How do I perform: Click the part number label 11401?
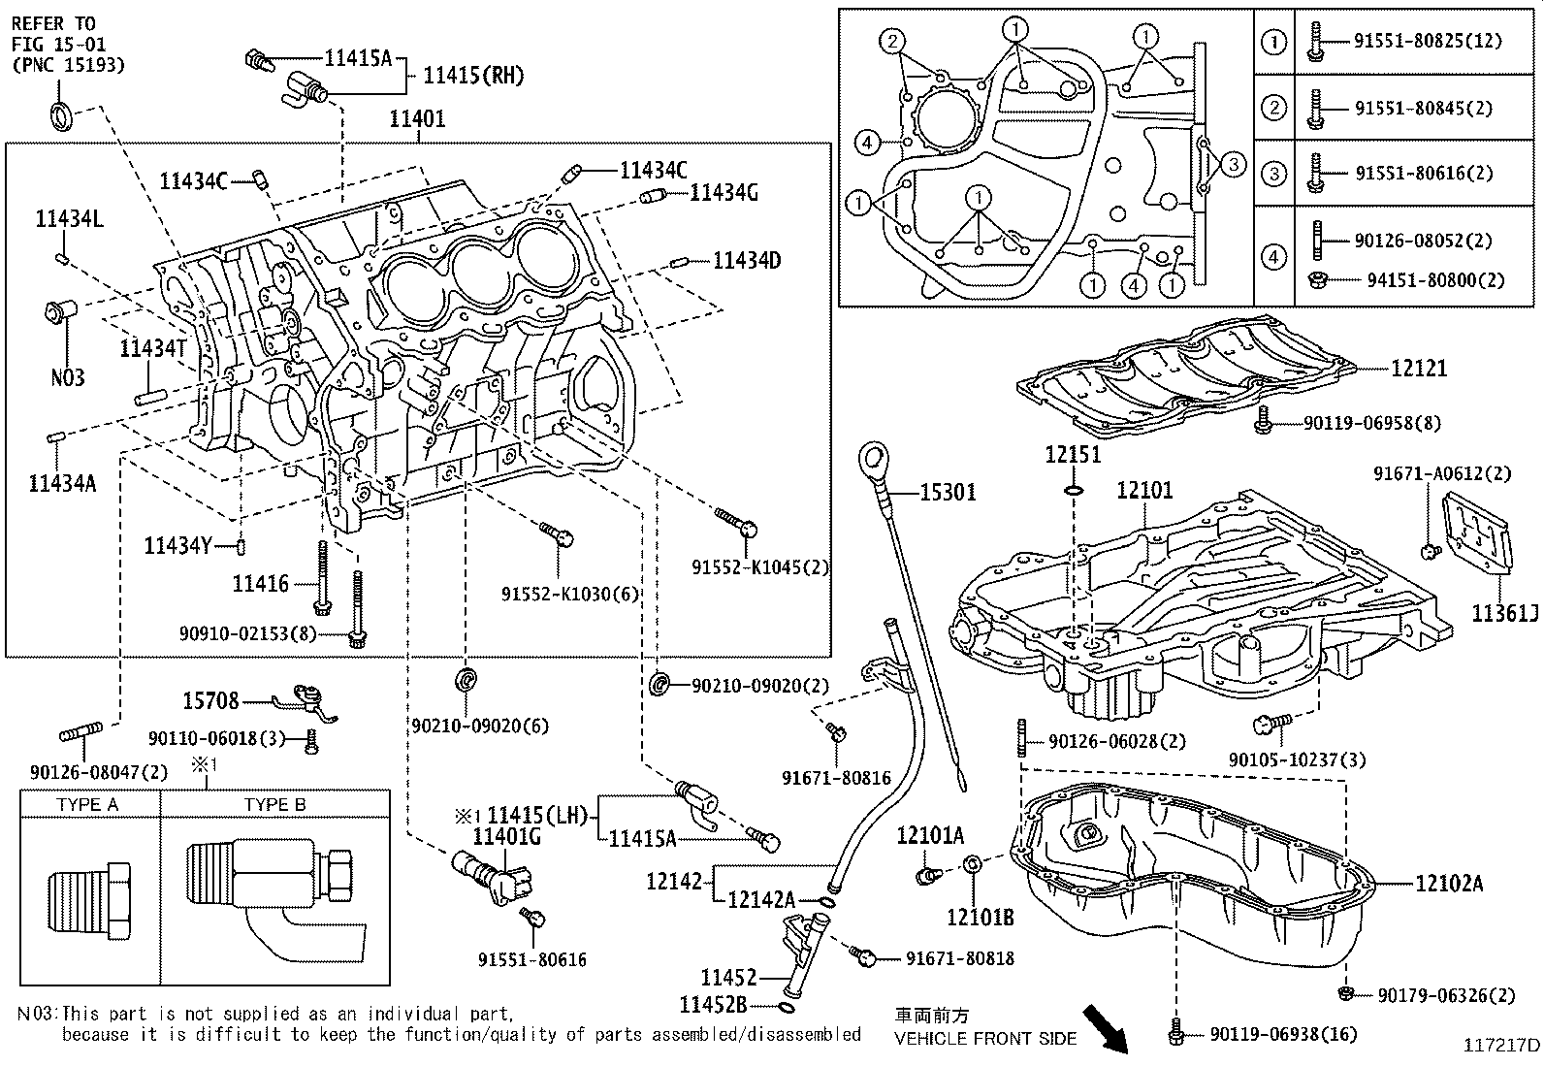pyautogui.click(x=417, y=119)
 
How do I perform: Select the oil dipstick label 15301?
pyautogui.click(x=948, y=493)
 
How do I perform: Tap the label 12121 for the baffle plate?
pyautogui.click(x=1418, y=369)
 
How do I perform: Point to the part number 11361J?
pyautogui.click(x=1504, y=613)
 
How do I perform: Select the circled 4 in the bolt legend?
pyautogui.click(x=1273, y=258)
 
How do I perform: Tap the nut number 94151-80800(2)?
pyautogui.click(x=1434, y=280)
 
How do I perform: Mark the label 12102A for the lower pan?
pyautogui.click(x=1449, y=883)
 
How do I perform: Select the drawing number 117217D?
pyautogui.click(x=1501, y=1045)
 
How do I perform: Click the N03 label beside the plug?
pyautogui.click(x=68, y=376)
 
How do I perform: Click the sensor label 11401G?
pyautogui.click(x=506, y=836)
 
